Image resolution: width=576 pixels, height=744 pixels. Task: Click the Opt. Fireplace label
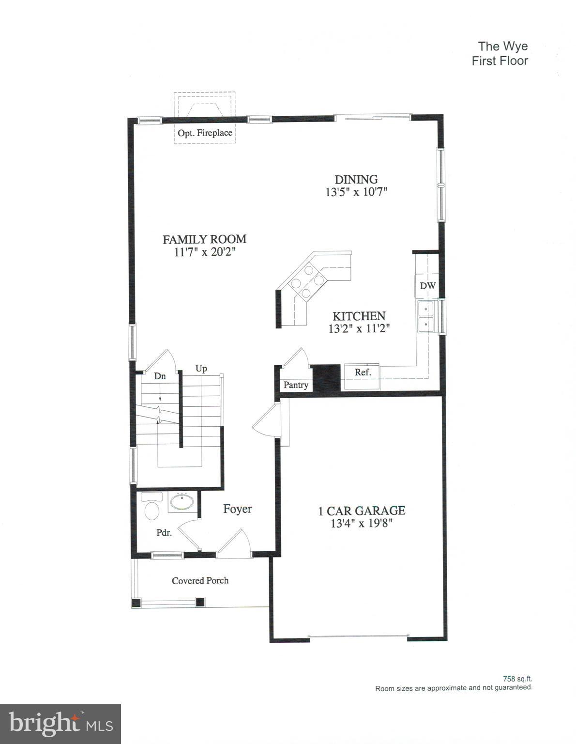point(205,133)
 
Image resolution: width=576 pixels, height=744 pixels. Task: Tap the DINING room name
point(356,179)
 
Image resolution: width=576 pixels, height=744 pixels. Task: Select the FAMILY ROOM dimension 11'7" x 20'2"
point(205,252)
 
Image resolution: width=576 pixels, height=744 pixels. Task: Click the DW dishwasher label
point(427,286)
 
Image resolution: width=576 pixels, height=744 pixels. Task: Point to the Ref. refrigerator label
point(363,372)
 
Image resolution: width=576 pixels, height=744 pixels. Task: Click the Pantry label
point(296,385)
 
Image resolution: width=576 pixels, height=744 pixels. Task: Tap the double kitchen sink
point(426,316)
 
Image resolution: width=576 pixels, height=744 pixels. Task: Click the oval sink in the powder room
point(182,502)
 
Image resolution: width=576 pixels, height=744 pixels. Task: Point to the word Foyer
point(237,509)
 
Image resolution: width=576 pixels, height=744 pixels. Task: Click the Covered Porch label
point(200,580)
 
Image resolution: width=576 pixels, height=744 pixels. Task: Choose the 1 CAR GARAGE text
point(362,510)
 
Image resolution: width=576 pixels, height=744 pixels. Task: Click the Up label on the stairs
point(201,368)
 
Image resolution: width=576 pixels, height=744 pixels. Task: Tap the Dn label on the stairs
point(160,376)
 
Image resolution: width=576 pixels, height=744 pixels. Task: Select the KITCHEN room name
point(359,316)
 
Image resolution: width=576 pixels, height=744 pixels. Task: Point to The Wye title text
point(503,46)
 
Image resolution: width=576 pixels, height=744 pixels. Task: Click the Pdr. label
point(164,532)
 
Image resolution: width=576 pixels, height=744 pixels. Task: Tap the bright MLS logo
point(61,724)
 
